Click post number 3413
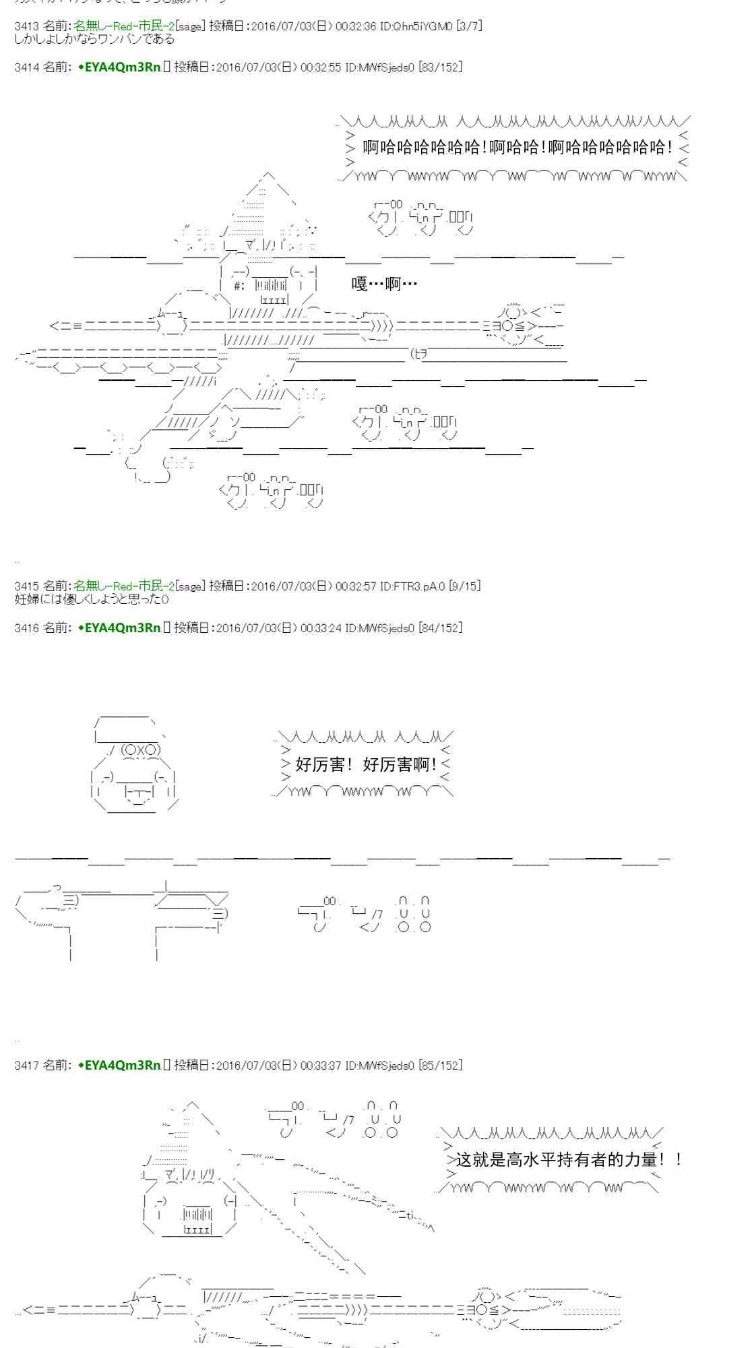[x=26, y=26]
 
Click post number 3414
[x=26, y=67]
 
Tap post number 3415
[x=26, y=586]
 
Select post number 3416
[x=26, y=628]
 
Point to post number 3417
[x=26, y=1066]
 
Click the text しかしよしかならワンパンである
[x=94, y=38]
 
